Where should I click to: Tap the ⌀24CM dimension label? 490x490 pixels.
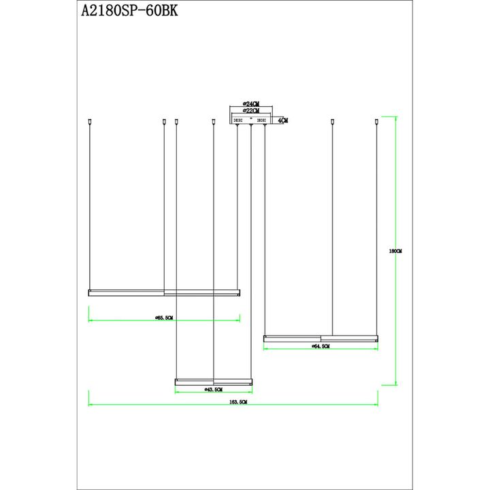click(x=250, y=103)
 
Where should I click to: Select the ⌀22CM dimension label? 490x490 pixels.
click(x=250, y=111)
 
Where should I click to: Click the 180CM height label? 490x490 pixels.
click(x=395, y=251)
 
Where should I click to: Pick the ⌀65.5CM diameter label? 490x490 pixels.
click(x=163, y=317)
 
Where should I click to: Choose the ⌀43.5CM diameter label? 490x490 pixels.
click(x=214, y=390)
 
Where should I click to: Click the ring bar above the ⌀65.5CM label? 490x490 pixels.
click(x=164, y=293)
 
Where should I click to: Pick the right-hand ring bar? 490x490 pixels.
click(x=321, y=338)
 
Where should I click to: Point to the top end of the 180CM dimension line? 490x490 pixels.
click(x=396, y=117)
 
